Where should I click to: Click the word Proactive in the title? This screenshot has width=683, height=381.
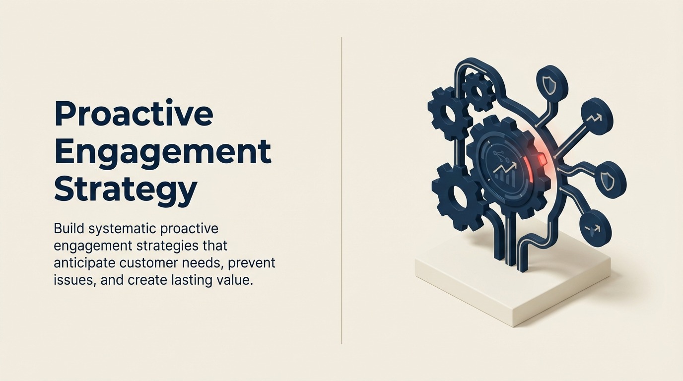pyautogui.click(x=134, y=115)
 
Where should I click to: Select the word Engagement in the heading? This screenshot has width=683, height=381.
pyautogui.click(x=162, y=152)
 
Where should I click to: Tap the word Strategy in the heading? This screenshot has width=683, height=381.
pyautogui.click(x=125, y=190)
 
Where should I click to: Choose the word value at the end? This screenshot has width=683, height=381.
pyautogui.click(x=236, y=280)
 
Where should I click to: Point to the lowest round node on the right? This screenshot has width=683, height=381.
pyautogui.click(x=595, y=228)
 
